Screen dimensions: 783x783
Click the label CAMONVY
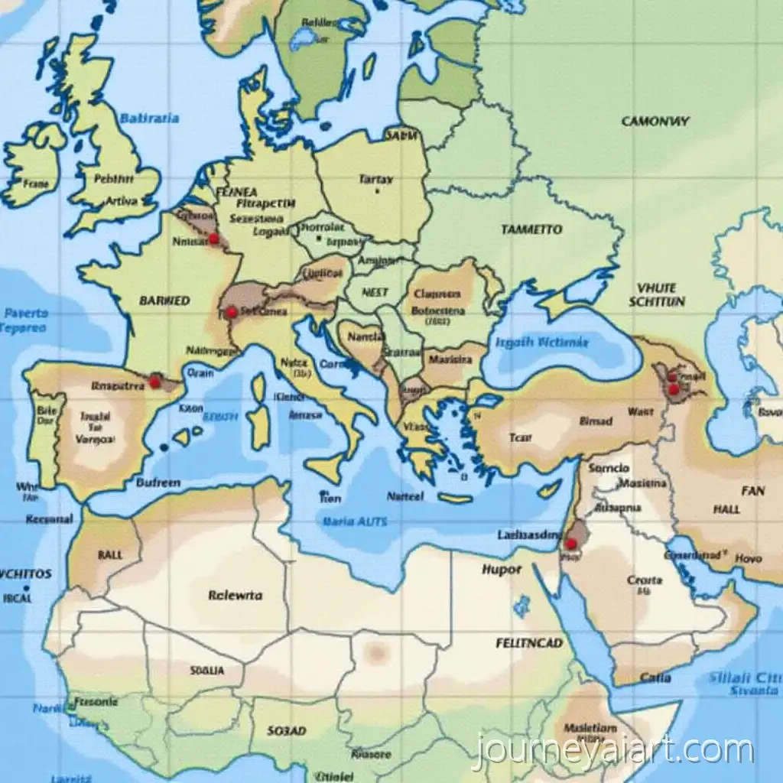tap(655, 121)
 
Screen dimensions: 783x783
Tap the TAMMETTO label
tap(531, 229)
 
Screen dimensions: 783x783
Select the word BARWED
tap(164, 301)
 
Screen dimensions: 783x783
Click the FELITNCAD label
tap(529, 644)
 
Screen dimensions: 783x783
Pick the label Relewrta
tap(235, 594)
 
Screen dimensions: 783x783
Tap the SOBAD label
tap(287, 731)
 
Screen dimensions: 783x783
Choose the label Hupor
tap(502, 569)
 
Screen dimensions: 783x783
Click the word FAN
tap(752, 491)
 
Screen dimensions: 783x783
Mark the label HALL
tap(726, 509)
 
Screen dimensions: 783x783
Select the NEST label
tap(375, 292)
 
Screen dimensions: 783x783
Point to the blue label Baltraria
tap(150, 118)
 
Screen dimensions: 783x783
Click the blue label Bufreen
tap(158, 482)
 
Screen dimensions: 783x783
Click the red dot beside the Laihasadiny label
tap(570, 544)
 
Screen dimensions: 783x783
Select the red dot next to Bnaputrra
tap(154, 382)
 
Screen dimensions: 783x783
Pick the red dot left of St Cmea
tap(230, 312)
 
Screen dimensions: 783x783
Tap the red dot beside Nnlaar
tap(213, 239)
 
